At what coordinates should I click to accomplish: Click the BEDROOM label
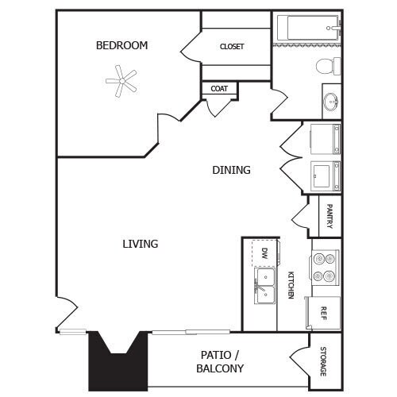[121, 45]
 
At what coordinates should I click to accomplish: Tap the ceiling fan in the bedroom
[121, 79]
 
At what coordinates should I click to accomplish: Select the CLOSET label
[232, 46]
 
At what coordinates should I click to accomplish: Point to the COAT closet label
[219, 89]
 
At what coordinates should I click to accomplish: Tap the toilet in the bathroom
[327, 64]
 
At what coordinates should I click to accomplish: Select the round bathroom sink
[331, 102]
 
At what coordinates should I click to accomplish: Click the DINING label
[231, 170]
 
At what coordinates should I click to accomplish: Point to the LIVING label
[140, 244]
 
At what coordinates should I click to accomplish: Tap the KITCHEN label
[291, 284]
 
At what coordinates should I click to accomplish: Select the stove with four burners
[324, 267]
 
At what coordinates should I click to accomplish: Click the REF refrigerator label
[323, 313]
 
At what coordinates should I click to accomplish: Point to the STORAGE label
[323, 361]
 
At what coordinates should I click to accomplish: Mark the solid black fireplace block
[118, 361]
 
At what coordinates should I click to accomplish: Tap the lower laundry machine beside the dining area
[325, 175]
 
